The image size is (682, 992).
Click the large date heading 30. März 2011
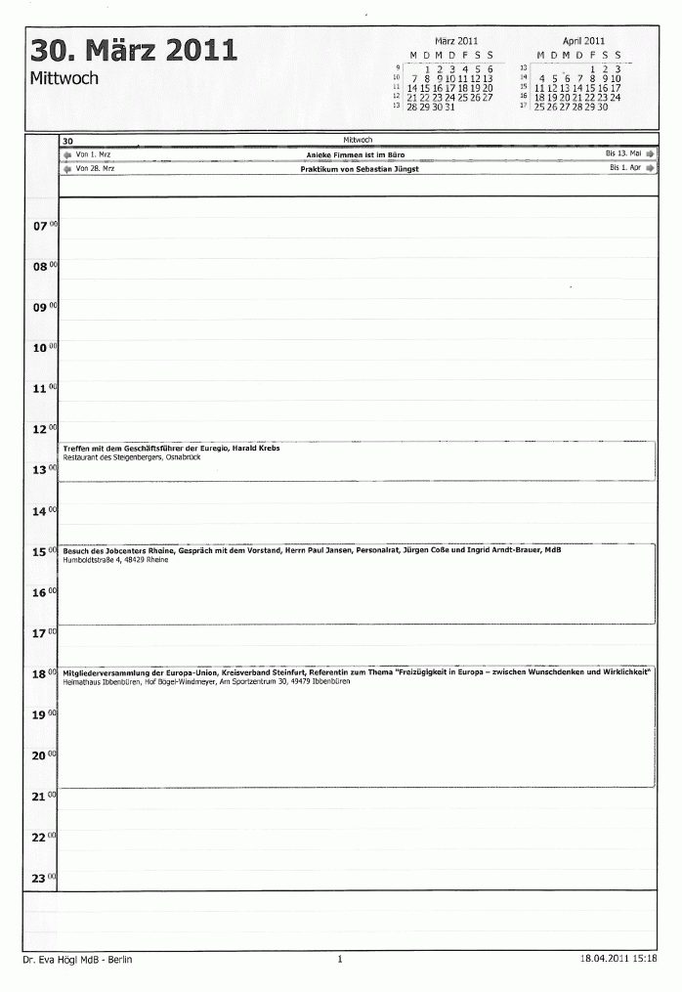pos(133,50)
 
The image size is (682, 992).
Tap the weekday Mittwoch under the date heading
pos(64,78)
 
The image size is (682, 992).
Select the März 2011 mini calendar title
pos(455,41)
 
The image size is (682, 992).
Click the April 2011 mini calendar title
pos(582,41)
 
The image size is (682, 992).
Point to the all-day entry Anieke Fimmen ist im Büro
pos(355,154)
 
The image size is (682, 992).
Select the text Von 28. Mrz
pos(94,168)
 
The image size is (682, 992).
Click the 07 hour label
pos(40,227)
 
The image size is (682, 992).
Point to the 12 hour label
pos(40,430)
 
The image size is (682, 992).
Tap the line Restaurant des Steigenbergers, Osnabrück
pos(124,457)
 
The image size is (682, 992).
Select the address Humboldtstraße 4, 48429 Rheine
pos(115,560)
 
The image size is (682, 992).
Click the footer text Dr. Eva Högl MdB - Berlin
pos(77,960)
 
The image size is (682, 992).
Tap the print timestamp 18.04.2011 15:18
pos(617,960)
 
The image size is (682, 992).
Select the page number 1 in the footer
pos(339,960)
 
